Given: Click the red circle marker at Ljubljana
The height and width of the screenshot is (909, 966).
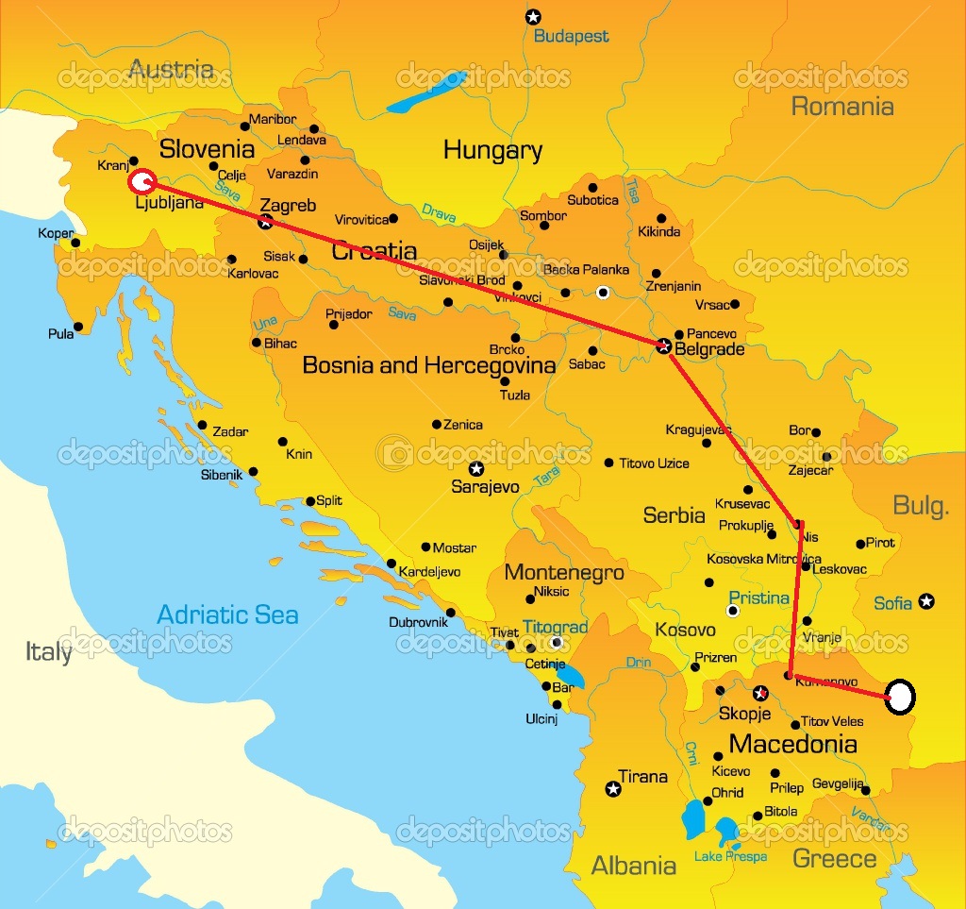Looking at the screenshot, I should [142, 181].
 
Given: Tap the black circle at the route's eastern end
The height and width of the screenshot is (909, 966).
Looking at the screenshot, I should [901, 698].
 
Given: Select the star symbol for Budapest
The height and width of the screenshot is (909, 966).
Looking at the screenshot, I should [534, 16].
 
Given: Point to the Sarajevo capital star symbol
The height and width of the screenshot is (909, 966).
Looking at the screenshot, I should [476, 468].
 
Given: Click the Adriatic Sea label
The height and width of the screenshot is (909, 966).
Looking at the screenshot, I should [227, 615].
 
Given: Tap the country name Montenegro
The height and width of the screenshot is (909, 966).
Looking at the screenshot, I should [564, 573].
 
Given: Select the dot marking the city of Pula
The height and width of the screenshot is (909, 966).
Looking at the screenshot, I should [77, 327].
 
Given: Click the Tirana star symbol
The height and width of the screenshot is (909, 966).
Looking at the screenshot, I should [613, 789].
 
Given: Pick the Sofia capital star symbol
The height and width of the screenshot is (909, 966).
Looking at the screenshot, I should [927, 600].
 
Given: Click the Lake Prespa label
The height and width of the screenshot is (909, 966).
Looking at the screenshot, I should [730, 857].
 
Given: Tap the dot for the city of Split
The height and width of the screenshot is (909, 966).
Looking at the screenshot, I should [310, 501].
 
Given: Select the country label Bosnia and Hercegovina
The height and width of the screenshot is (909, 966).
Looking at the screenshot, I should [429, 365].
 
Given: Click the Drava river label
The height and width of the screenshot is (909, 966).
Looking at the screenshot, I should [438, 212].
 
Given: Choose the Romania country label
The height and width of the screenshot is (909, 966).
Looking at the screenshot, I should [841, 106].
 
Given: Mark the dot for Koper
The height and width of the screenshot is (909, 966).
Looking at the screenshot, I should [75, 243].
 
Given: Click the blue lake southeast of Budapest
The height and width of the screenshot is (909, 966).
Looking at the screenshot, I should [427, 91].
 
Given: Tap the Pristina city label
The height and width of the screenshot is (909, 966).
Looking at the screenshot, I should [758, 598].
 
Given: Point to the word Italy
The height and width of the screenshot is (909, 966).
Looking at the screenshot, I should [48, 652].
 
